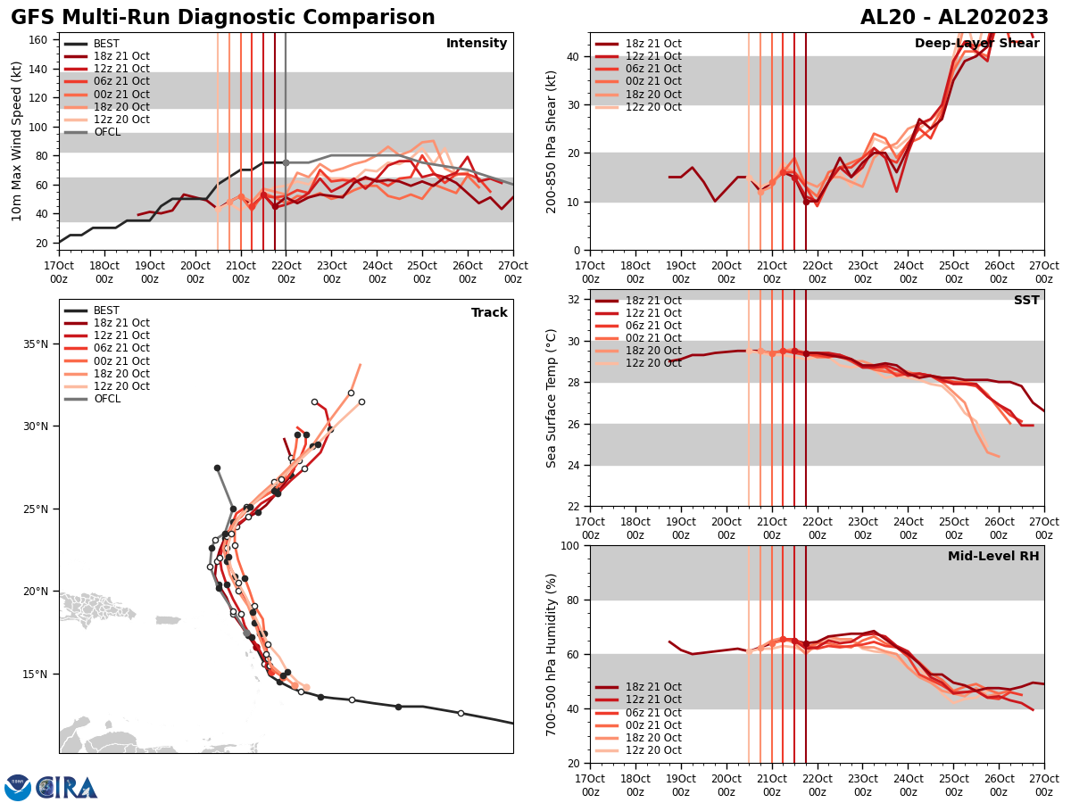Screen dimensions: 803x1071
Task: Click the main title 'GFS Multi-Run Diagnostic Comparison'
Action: (223, 18)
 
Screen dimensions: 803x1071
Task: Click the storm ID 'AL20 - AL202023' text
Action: (954, 18)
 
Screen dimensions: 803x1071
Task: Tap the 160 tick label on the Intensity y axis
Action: (40, 40)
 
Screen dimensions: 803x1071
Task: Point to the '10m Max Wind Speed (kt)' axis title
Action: (17, 141)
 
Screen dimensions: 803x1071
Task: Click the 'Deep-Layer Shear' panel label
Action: (976, 44)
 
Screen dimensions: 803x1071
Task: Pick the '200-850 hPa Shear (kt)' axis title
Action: (551, 141)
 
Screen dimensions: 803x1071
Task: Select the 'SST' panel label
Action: (1026, 301)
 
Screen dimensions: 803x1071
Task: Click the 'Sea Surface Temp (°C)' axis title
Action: (551, 398)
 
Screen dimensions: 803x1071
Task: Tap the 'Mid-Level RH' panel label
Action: (993, 557)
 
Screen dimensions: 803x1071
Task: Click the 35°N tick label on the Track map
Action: (36, 344)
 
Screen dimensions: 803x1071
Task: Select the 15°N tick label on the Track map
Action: (36, 675)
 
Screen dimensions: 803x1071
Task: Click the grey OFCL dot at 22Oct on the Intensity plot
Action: (286, 162)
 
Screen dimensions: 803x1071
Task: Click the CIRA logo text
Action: (67, 788)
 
